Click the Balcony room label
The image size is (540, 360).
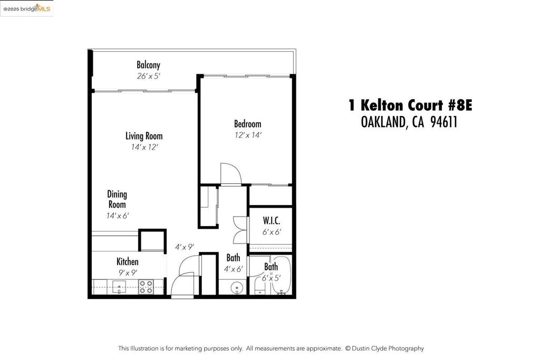tap(148, 65)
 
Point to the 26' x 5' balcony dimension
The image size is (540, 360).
tap(148, 76)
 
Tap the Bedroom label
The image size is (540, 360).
tap(248, 124)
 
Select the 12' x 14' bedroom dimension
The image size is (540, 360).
tap(248, 135)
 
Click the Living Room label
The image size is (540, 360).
tap(144, 136)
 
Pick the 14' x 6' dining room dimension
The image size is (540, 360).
tap(118, 216)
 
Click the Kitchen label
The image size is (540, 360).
tap(128, 261)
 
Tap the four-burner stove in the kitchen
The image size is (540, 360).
tap(146, 287)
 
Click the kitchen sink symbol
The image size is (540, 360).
tap(119, 287)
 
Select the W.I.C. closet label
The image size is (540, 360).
tap(272, 221)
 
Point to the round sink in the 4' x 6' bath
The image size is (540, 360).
tap(236, 287)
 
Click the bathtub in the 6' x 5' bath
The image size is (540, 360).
tap(282, 275)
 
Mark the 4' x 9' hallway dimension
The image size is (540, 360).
tap(184, 247)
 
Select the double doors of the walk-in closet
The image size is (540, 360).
tap(240, 230)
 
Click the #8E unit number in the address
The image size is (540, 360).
tap(460, 105)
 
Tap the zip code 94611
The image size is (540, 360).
tap(444, 122)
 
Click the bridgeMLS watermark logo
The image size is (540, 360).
tap(27, 8)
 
